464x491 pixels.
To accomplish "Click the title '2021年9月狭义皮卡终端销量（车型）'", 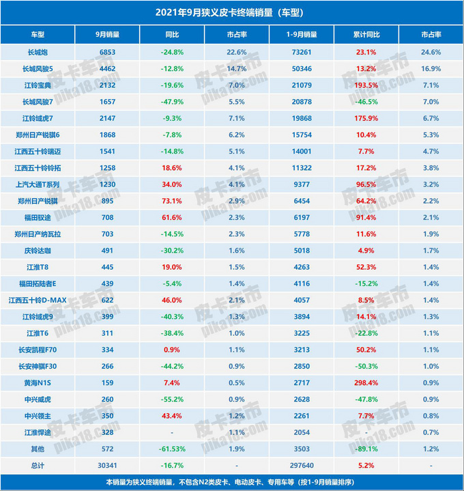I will (x=232, y=12).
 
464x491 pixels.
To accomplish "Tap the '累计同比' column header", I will (x=366, y=34).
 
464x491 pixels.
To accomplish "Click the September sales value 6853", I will (x=108, y=52).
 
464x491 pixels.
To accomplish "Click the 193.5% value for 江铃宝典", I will (x=366, y=85).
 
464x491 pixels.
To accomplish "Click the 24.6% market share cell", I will (x=431, y=52).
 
